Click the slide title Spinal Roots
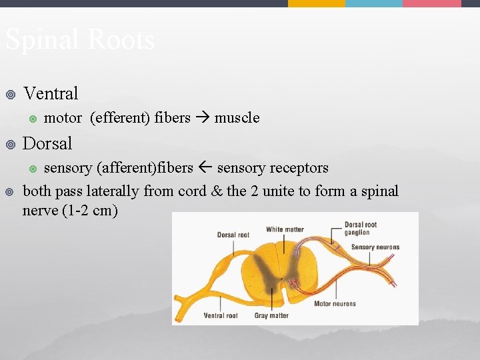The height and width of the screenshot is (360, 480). point(80,40)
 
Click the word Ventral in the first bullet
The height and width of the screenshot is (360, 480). point(51,93)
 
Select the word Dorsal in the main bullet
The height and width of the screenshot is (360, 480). point(47,143)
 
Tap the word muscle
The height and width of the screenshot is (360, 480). point(237,118)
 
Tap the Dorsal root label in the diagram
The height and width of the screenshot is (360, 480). point(233,235)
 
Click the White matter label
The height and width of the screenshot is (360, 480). point(285,229)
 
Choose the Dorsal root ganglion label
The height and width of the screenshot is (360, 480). point(361,229)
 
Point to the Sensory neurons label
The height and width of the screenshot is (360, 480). point(375,247)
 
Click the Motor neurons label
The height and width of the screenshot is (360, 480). point(335,304)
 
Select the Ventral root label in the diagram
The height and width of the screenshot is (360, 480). point(221,315)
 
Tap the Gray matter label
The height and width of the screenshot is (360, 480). point(271,315)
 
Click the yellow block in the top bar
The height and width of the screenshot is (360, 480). point(317,3)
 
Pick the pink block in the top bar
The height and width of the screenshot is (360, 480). point(432,3)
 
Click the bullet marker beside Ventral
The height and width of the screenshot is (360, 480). point(9,94)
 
